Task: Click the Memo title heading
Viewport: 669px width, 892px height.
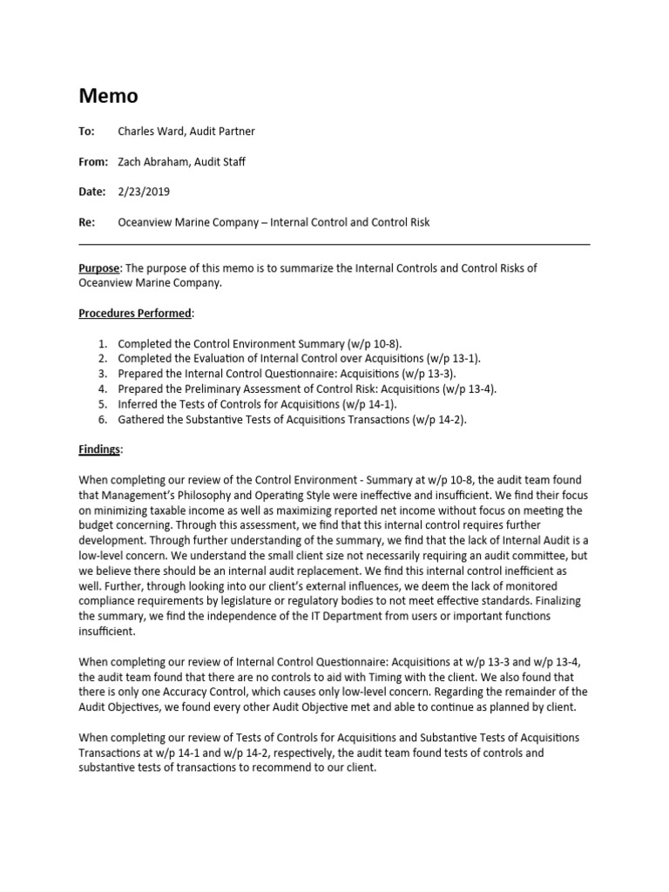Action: coord(108,96)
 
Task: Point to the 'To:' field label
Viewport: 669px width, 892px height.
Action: coord(86,132)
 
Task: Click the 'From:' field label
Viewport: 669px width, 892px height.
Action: coord(92,161)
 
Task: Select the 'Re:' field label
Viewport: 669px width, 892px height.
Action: coord(86,222)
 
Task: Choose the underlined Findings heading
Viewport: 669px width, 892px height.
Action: coord(100,449)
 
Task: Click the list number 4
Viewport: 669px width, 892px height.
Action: coord(101,389)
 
